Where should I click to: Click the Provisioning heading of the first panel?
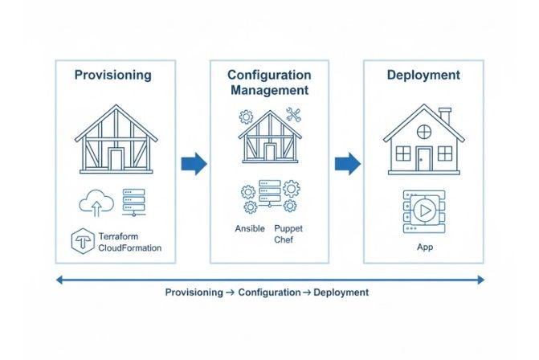[112, 75]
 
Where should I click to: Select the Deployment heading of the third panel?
[423, 75]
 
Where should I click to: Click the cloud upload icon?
[95, 201]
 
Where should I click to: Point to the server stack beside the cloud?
[133, 201]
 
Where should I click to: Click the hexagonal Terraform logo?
[83, 241]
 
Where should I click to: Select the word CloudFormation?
[129, 247]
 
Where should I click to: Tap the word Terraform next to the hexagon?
[122, 235]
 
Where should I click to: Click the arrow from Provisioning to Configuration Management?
[194, 164]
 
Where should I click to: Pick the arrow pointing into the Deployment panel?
[347, 164]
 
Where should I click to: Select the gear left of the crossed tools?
[247, 117]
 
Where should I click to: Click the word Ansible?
[250, 228]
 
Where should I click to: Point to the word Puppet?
[288, 228]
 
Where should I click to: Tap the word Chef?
[285, 239]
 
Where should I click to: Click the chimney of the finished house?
[444, 118]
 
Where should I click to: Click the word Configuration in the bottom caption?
[269, 292]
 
